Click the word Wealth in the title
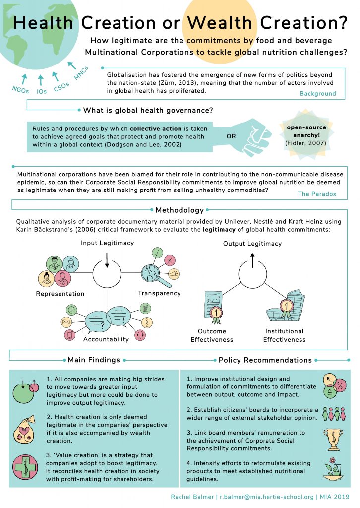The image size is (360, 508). [220, 23]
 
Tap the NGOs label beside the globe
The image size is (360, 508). [20, 90]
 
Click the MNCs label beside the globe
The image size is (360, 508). [81, 73]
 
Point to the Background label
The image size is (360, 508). [317, 94]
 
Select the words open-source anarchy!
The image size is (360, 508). [306, 131]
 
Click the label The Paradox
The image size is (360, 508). [317, 194]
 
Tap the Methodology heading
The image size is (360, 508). [180, 210]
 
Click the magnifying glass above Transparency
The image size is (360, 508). [155, 275]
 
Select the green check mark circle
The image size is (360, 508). [157, 253]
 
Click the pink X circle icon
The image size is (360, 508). [170, 260]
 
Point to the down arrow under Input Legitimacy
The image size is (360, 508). [107, 260]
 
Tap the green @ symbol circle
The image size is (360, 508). [71, 310]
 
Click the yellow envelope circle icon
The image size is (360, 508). [66, 322]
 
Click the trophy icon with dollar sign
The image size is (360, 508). [333, 440]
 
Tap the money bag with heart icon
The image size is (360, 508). [23, 429]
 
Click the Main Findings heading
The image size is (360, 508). [94, 360]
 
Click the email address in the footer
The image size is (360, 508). [267, 497]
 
